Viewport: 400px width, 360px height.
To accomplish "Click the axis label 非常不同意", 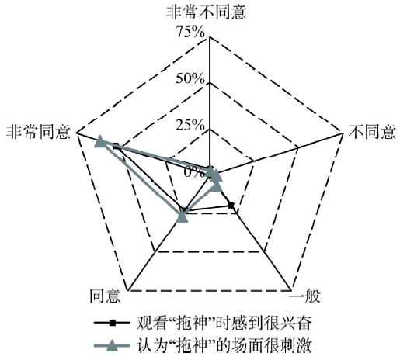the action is (206, 12).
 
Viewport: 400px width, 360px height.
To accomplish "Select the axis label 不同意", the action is (372, 132).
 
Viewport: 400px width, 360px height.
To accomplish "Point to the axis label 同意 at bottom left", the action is (105, 296).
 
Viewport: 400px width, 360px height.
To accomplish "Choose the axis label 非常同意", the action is (38, 132).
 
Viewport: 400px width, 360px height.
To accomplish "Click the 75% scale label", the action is (190, 33).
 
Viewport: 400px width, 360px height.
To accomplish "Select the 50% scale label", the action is (190, 78).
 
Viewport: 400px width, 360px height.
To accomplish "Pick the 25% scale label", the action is (190, 125).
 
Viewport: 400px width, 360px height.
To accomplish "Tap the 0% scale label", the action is (194, 172).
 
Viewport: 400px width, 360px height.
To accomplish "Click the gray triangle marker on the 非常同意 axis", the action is (100, 141).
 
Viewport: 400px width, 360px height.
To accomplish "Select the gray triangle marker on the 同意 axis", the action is (182, 216).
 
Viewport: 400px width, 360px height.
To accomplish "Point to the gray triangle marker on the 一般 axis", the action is (216, 186).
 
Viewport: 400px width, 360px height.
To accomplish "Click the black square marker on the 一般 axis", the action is (231, 206).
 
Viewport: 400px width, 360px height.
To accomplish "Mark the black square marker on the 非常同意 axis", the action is (116, 147).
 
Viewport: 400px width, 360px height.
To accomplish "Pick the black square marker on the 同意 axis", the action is (184, 209).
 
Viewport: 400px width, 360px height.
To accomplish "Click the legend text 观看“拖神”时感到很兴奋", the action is (224, 323).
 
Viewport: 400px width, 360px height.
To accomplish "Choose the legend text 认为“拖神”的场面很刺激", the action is (224, 345).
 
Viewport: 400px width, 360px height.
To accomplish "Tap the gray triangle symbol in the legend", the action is (113, 345).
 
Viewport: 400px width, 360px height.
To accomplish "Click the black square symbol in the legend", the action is (113, 323).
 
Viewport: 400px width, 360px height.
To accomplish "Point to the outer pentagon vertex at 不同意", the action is (343, 133).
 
